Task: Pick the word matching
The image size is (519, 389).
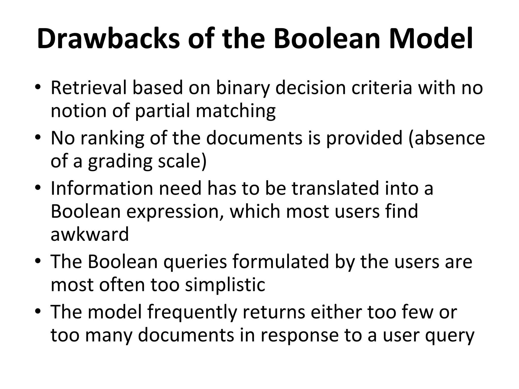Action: pyautogui.click(x=236, y=111)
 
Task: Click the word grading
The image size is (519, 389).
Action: pyautogui.click(x=120, y=162)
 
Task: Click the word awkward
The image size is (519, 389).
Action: pyautogui.click(x=90, y=234)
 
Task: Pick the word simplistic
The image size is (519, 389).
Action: pyautogui.click(x=225, y=285)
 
